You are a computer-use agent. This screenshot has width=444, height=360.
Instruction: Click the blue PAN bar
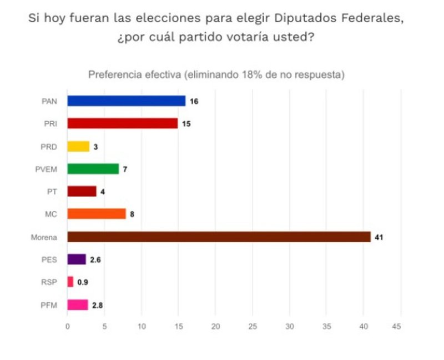pos(127,101)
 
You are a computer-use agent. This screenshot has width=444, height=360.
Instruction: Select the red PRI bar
pos(123,123)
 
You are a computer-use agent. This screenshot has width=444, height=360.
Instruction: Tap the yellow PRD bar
pos(78,146)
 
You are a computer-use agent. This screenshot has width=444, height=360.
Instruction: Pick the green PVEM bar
pos(93,169)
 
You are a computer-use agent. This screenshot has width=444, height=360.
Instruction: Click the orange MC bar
pos(97,214)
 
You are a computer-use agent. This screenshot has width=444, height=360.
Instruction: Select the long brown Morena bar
pos(219,237)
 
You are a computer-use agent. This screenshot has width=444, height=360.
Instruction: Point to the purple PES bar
pos(77,259)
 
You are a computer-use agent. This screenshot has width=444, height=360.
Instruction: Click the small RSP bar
pos(70,282)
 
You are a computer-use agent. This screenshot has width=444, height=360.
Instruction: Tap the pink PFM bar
pos(78,304)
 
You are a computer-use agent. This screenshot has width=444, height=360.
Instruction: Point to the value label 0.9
pos(82,282)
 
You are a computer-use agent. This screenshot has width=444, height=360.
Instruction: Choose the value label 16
pos(194,101)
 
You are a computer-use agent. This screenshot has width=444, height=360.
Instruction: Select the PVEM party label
pos(51,169)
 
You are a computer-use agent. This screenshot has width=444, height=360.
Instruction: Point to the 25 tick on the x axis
pos(253,327)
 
